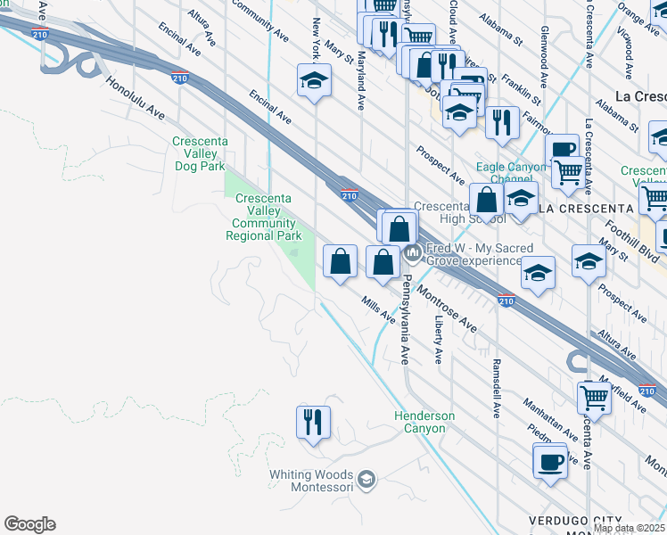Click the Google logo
coord(29,524)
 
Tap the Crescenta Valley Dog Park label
coord(201,153)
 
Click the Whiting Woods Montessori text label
coord(311,481)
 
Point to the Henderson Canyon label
coord(424,422)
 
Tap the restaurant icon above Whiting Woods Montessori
coord(313,423)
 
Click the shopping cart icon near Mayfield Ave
coord(593,397)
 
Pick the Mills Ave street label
coord(379,309)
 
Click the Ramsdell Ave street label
coord(496,389)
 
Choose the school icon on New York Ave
coord(314,82)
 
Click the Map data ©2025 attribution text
coord(630,529)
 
